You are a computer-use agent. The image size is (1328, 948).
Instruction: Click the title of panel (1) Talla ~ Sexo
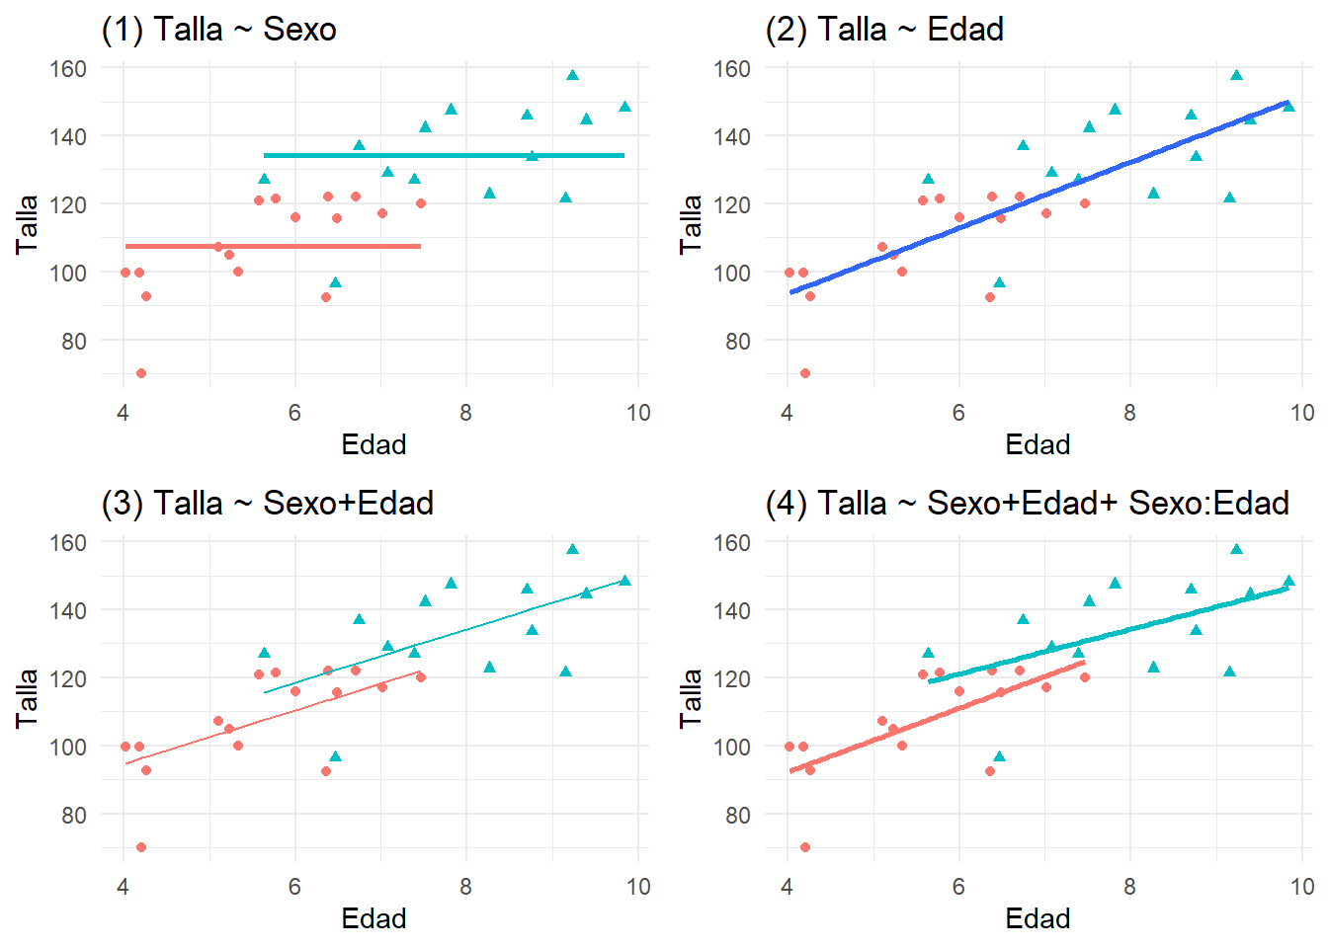(x=218, y=30)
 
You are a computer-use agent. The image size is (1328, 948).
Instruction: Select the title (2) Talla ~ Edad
(x=883, y=30)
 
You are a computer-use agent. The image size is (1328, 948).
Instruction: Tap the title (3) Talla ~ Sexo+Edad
(x=267, y=504)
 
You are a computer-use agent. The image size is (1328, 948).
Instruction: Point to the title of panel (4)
(x=1027, y=504)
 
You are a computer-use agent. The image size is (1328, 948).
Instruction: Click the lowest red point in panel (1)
(x=141, y=373)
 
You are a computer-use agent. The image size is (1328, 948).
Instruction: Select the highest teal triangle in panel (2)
(x=1236, y=75)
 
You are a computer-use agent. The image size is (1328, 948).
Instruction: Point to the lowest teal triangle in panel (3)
(x=335, y=756)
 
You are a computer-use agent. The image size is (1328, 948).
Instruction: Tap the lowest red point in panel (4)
(x=805, y=847)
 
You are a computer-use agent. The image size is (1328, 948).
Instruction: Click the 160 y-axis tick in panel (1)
(x=68, y=69)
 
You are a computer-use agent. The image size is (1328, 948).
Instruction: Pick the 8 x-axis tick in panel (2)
(x=1129, y=413)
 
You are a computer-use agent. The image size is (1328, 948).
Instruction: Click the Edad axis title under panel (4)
(x=1037, y=918)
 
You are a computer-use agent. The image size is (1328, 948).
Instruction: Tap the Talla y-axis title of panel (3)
(x=27, y=698)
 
